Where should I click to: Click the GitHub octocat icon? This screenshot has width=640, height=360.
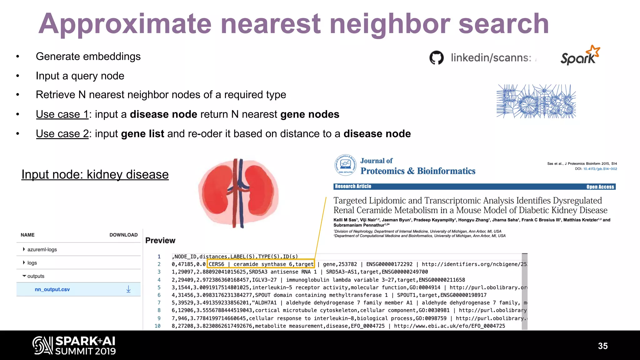click(x=436, y=57)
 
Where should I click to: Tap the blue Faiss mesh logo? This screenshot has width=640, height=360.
click(x=536, y=101)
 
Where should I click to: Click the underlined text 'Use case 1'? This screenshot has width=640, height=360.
click(x=62, y=114)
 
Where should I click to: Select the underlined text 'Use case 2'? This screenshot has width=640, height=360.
click(x=62, y=134)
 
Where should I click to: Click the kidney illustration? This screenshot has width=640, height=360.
click(x=238, y=193)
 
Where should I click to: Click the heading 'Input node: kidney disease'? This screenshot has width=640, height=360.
click(x=95, y=174)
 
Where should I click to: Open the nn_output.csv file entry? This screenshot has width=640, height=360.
click(x=52, y=289)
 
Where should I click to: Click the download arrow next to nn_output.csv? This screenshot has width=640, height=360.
click(x=128, y=289)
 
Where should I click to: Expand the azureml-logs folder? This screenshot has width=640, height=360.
click(x=42, y=249)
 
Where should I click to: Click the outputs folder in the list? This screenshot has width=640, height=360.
click(x=36, y=276)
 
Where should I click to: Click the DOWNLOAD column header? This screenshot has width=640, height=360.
click(x=123, y=235)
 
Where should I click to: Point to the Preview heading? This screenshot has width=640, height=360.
click(x=160, y=240)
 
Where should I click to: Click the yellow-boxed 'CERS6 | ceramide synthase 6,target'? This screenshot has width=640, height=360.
click(x=261, y=264)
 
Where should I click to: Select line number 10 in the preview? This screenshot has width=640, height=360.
click(x=157, y=326)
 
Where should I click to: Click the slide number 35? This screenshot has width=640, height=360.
click(x=602, y=346)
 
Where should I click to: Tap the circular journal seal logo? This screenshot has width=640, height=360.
click(x=345, y=165)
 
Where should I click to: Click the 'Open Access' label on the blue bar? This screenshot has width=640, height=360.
click(x=600, y=187)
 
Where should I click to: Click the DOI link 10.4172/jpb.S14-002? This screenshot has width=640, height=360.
click(x=600, y=169)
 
